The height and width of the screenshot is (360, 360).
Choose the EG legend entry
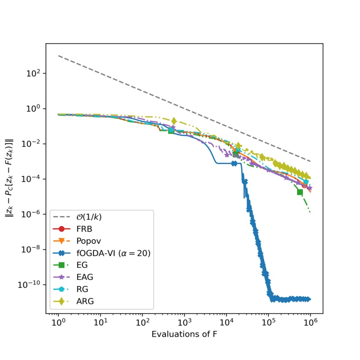point(82,265)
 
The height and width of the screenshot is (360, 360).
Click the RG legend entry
point(82,289)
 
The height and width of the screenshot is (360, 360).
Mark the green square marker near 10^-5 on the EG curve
point(300,192)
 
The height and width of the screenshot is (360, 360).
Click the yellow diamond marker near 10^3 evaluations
point(174,121)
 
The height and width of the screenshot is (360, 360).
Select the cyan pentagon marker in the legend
point(62,289)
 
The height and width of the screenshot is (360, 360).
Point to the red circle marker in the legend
point(62,229)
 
